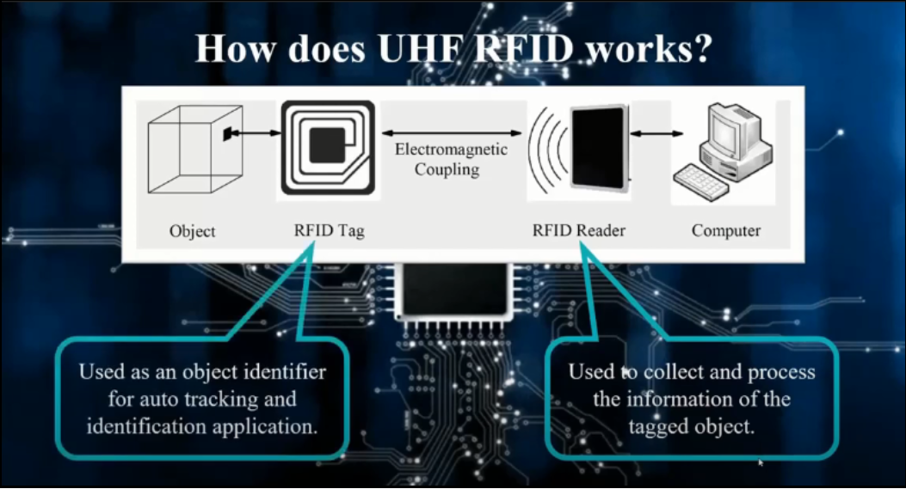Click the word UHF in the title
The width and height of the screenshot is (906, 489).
(x=421, y=48)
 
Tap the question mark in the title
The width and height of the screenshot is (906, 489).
(x=701, y=48)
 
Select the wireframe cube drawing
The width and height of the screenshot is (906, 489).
(x=195, y=149)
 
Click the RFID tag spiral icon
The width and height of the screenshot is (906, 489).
(x=328, y=148)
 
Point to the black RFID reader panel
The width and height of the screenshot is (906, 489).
(x=599, y=147)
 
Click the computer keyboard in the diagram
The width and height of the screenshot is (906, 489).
(x=701, y=182)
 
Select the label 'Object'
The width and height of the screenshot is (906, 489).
(x=193, y=231)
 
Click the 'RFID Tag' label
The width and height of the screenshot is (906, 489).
(x=330, y=230)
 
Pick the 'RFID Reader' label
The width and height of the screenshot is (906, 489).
(x=578, y=230)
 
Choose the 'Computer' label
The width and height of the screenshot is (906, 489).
(x=725, y=230)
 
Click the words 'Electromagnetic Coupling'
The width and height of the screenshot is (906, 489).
(x=451, y=159)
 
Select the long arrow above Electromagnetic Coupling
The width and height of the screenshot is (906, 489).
(x=451, y=133)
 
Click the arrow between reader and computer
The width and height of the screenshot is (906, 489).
(x=656, y=133)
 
